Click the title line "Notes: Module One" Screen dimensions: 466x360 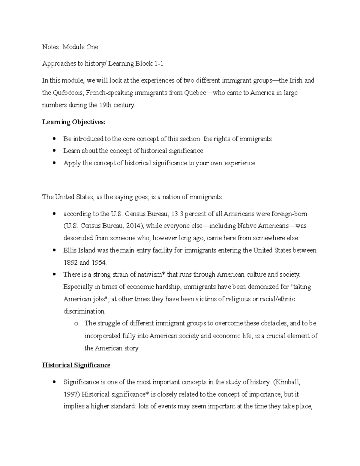[70, 47]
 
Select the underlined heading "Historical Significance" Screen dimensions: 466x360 [76, 365]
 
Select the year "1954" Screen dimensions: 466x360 [99, 263]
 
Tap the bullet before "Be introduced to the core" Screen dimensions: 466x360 [54, 139]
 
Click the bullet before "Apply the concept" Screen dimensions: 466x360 [54, 163]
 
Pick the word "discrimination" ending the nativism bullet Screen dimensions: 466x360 [84, 311]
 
